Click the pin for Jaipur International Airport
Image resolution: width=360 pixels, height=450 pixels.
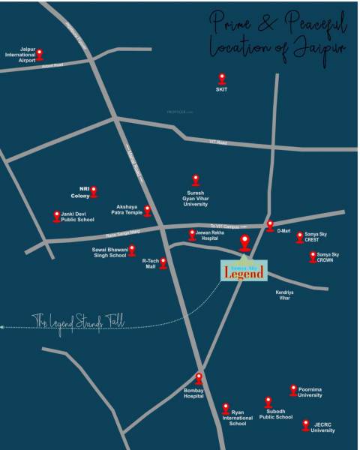pos(40,54)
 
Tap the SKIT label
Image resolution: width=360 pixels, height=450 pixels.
pos(221,89)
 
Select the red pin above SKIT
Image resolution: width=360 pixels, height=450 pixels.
pos(221,78)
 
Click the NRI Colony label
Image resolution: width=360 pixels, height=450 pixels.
pos(79,192)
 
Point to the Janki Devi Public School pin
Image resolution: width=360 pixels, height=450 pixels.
pos(57,216)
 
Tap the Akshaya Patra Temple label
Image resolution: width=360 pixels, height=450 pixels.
pos(129,209)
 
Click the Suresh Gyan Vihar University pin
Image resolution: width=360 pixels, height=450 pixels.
pos(196,179)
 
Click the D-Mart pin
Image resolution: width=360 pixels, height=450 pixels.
pos(270,225)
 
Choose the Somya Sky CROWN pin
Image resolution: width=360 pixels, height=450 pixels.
pos(313,256)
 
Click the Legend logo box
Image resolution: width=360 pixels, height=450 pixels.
pos(243,271)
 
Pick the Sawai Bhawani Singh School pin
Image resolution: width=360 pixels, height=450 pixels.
pos(132,250)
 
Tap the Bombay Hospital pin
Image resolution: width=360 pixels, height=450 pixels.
pos(199,378)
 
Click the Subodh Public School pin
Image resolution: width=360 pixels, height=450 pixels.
pos(268,402)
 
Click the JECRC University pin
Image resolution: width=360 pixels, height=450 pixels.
pos(305,424)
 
